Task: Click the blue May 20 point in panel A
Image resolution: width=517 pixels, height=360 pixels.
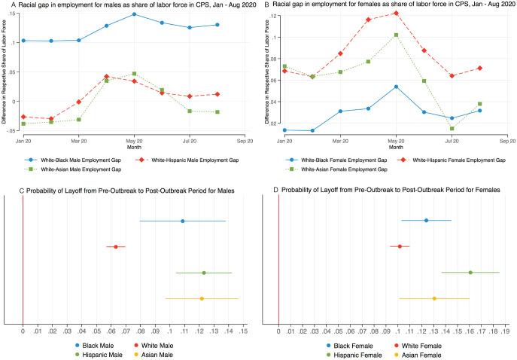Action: point(134,14)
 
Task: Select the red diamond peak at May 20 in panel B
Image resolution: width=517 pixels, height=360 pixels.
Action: point(396,13)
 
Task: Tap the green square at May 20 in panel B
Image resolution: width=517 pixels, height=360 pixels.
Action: point(396,35)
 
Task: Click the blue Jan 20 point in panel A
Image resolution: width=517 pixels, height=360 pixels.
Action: point(23,41)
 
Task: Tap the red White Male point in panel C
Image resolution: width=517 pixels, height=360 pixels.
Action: point(116,246)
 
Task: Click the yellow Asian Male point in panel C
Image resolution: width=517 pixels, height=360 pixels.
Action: point(202,299)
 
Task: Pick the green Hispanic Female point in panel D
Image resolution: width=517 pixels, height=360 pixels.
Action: point(470,273)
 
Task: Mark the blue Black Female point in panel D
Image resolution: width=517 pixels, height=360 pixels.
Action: point(426,221)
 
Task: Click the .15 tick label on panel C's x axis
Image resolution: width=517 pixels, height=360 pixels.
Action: point(243,331)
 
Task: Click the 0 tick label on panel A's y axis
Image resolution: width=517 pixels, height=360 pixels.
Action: point(16,101)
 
